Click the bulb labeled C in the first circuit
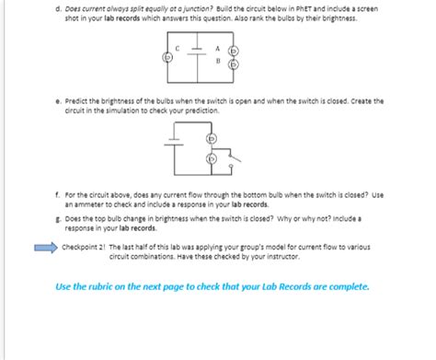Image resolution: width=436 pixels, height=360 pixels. click(x=167, y=57)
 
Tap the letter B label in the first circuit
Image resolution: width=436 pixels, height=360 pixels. click(x=216, y=63)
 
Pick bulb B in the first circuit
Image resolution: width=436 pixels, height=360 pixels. click(x=234, y=64)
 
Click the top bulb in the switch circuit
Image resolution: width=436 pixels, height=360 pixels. click(x=212, y=139)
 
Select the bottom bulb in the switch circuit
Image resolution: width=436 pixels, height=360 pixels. click(x=212, y=158)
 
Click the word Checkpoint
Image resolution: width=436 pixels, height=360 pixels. click(x=80, y=248)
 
